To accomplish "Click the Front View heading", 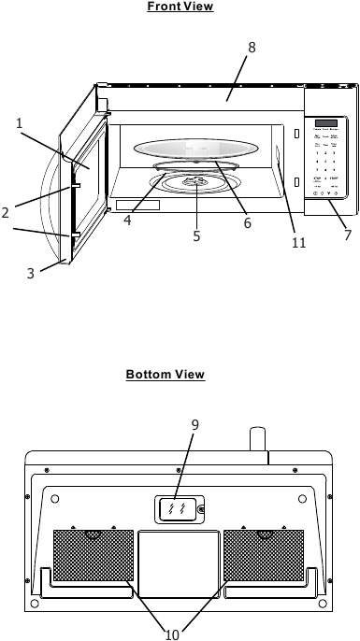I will tap(180, 7).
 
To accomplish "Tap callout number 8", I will tap(251, 47).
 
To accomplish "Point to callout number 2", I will tap(6, 213).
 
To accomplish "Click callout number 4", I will tap(126, 221).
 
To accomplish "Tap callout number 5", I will tap(197, 236).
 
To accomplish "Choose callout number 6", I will tap(248, 223).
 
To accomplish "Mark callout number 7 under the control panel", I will tap(347, 235).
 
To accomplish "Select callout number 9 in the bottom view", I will tap(194, 425).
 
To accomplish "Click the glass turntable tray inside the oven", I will tap(195, 149).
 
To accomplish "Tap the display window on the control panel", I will tap(326, 124).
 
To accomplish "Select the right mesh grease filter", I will tap(263, 556).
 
